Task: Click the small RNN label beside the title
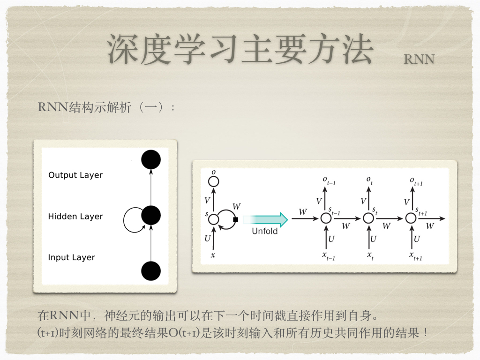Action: coord(419,60)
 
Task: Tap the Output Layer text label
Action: coord(75,175)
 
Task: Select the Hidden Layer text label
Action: coord(75,217)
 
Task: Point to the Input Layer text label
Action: coord(71,257)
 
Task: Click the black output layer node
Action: coord(151,159)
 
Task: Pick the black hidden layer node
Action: coord(151,215)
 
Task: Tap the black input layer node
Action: coord(151,271)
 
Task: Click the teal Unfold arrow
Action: coord(265,219)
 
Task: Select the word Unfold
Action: coord(265,231)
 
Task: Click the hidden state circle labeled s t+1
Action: coord(411,218)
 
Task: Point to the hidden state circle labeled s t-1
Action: coord(326,218)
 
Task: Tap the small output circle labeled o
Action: coord(213,181)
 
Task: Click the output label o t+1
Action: coord(416,181)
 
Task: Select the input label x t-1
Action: coord(329,256)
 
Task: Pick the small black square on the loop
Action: coord(235,219)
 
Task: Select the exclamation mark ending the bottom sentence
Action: coord(426,332)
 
